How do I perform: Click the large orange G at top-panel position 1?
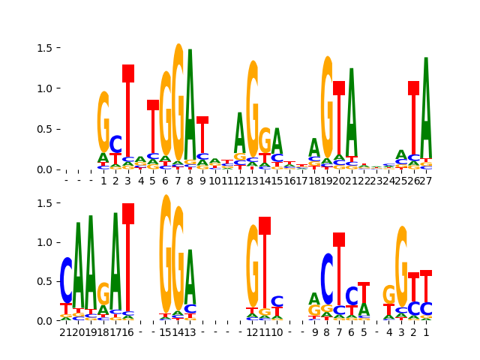103,122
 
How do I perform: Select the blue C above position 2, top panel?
115,144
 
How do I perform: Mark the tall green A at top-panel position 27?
426,109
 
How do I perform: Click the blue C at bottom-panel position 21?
66,280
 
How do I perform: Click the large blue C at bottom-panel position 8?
327,279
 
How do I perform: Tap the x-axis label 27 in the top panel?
426,181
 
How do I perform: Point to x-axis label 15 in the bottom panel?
166,332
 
